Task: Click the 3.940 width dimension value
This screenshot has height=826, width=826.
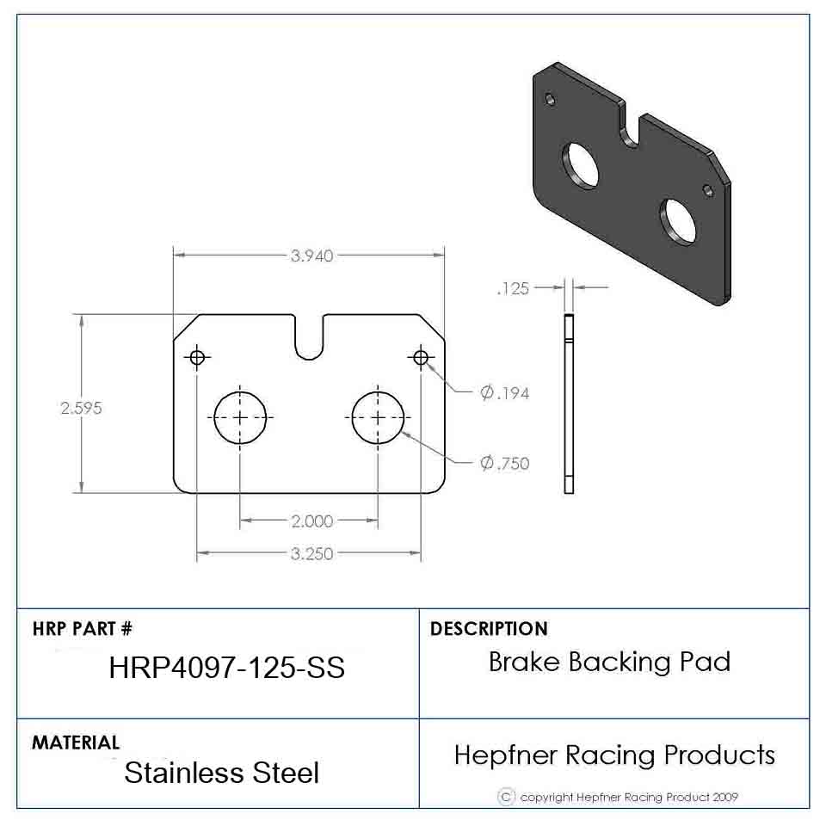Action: point(311,256)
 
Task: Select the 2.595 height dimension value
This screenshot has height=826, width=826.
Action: point(81,408)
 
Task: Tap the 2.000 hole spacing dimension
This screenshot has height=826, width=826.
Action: point(311,521)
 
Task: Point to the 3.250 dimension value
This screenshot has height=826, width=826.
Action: point(311,553)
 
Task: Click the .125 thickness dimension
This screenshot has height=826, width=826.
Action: point(513,289)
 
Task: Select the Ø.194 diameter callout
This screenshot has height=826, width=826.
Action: point(504,393)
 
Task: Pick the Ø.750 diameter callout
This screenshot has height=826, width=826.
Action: point(504,463)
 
